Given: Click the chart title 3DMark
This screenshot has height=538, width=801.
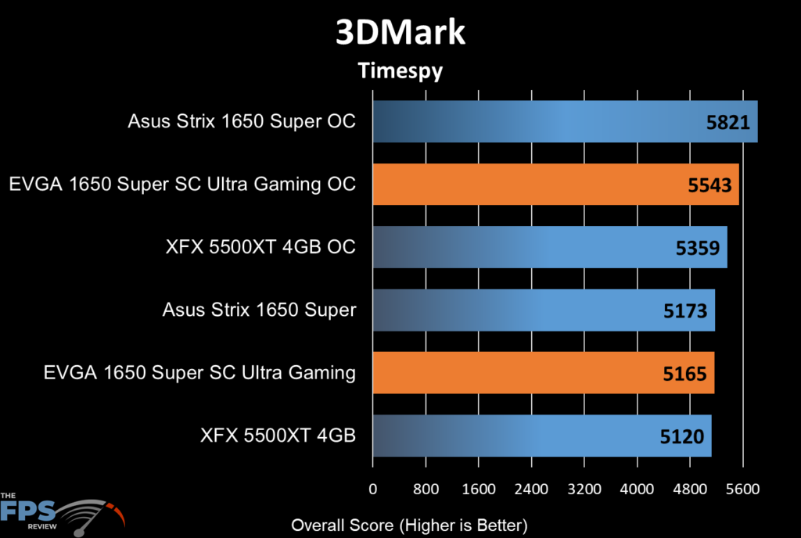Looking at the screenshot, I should pos(400,34).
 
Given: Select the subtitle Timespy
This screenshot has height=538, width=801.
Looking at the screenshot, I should pos(400,71).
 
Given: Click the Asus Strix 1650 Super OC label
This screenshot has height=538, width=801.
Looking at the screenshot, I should pos(242,121).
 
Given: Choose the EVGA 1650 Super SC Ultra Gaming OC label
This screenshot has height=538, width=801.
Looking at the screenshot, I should pos(182,185).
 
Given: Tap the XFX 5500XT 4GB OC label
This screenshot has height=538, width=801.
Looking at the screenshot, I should pos(260,247).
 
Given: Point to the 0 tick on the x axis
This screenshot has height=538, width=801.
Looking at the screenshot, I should pos(373,490).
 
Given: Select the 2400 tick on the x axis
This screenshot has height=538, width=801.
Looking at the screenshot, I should pos(531,490).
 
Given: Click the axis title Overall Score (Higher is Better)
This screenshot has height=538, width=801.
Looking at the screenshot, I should pos(409,525).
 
